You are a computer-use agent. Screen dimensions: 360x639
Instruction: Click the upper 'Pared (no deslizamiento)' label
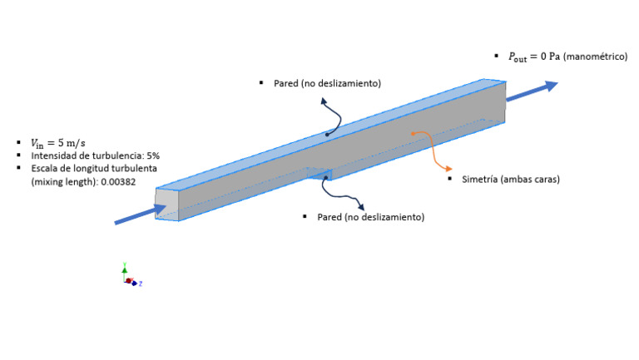tap(327, 83)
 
